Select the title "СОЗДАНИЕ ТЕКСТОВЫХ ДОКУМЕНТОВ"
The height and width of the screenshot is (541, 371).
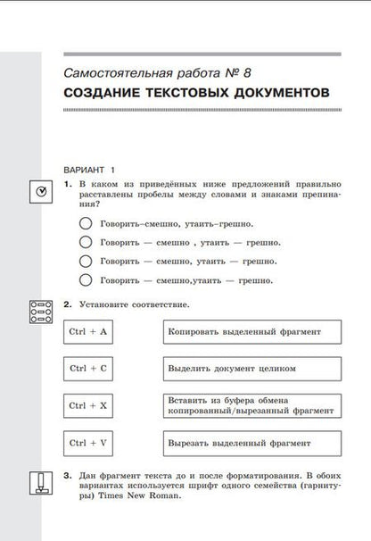(196, 94)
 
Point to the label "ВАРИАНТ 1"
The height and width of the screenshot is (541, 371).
(90, 168)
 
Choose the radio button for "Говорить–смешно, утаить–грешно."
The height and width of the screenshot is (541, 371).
(86, 223)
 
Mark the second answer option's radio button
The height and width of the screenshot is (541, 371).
(86, 242)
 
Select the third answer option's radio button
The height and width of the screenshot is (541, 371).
(86, 261)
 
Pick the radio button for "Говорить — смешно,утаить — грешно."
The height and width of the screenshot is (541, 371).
(86, 279)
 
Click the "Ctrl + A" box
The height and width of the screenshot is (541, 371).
(88, 332)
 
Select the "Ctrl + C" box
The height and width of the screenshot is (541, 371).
(88, 368)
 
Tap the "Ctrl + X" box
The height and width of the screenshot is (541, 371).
(88, 404)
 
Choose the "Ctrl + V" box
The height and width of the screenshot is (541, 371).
(88, 442)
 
